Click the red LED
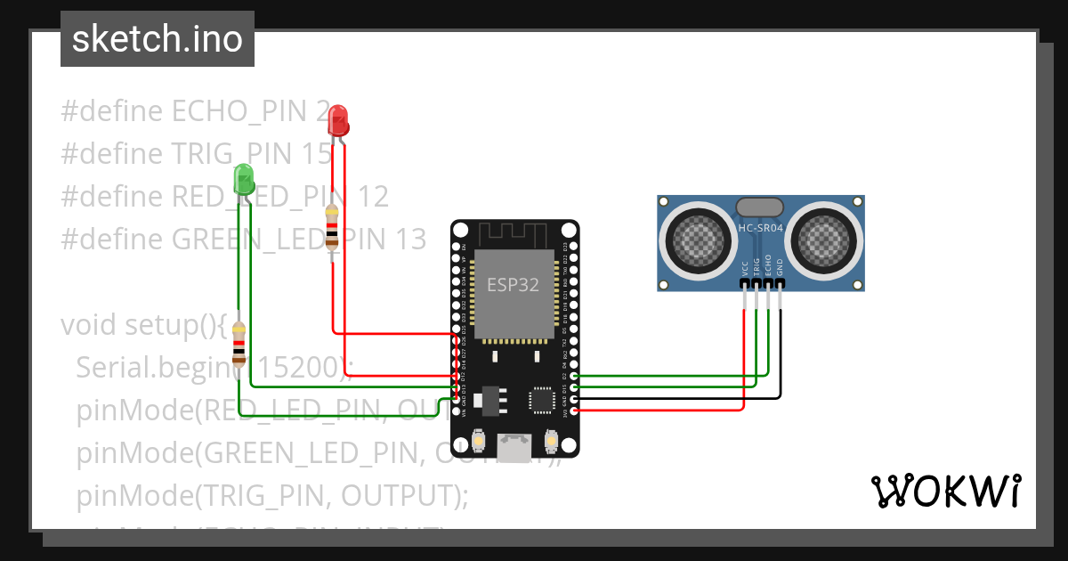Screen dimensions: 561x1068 (337, 120)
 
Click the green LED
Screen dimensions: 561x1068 (243, 179)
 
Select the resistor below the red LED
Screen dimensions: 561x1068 (332, 226)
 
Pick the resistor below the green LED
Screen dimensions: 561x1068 (239, 344)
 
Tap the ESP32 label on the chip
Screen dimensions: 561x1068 (513, 286)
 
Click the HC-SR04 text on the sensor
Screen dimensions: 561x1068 (760, 228)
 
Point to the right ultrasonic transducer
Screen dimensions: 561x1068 (824, 238)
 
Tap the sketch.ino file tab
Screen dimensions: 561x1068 (158, 39)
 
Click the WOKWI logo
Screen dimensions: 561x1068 (945, 491)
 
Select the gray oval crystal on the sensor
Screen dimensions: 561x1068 (760, 207)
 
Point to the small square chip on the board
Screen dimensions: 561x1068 (543, 399)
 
